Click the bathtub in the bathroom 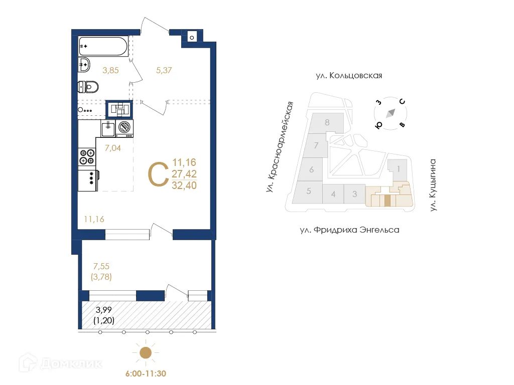coord(103,46)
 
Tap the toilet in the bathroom coord(88,87)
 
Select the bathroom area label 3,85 coord(110,71)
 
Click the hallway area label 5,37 coord(164,71)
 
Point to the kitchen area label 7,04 coord(113,148)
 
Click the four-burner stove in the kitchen coord(87,156)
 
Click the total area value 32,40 coord(184,185)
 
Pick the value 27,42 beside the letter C coord(184,173)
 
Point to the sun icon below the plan coord(145,353)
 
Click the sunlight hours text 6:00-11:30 coord(145,373)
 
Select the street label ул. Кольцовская coord(349,76)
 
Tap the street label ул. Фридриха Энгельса coord(349,230)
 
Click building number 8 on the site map coord(327,122)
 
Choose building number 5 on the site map coord(309,191)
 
